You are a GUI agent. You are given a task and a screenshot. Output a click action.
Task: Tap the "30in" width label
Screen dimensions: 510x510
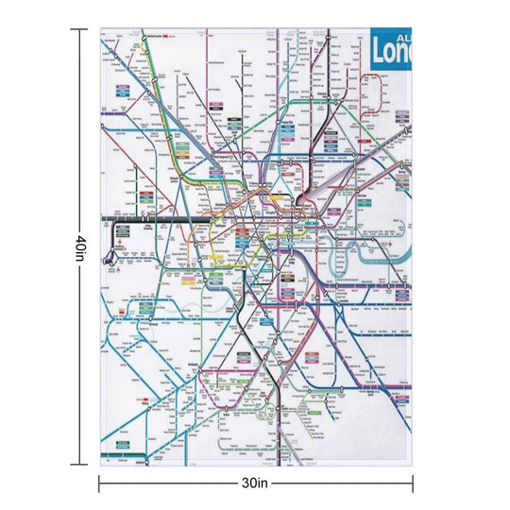(x=254, y=483)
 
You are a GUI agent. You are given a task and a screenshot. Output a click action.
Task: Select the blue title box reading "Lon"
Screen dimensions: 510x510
(x=392, y=49)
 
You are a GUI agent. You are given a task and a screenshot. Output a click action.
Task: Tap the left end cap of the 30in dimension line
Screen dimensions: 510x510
(x=99, y=483)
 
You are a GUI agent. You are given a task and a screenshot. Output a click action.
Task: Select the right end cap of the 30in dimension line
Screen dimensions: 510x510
(x=411, y=483)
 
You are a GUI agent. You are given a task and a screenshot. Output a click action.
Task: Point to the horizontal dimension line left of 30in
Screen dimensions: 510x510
(x=170, y=483)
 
